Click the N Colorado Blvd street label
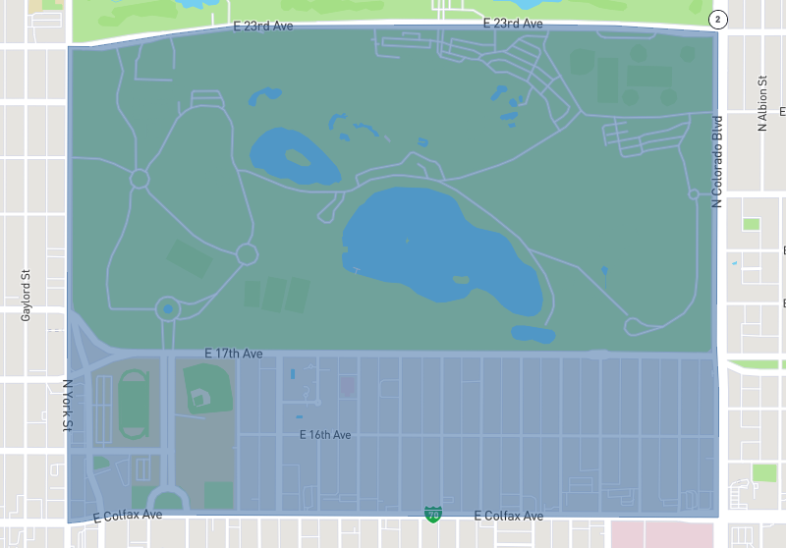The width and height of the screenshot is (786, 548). tap(717, 161)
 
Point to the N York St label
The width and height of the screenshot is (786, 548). tap(68, 406)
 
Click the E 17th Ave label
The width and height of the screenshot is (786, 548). tap(234, 353)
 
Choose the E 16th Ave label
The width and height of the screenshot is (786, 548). tap(325, 434)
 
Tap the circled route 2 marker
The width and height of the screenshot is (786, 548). tap(719, 20)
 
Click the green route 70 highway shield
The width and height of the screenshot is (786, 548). tap(432, 515)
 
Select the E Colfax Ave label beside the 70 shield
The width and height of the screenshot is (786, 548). tap(508, 516)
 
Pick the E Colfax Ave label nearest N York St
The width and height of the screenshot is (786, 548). tap(128, 515)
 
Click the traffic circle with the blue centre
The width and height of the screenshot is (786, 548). tap(167, 310)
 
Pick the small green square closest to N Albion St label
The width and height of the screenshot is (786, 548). tap(752, 224)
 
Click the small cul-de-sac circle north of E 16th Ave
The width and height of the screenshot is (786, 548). tap(318, 402)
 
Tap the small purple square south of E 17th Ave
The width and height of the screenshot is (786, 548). tap(347, 386)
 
